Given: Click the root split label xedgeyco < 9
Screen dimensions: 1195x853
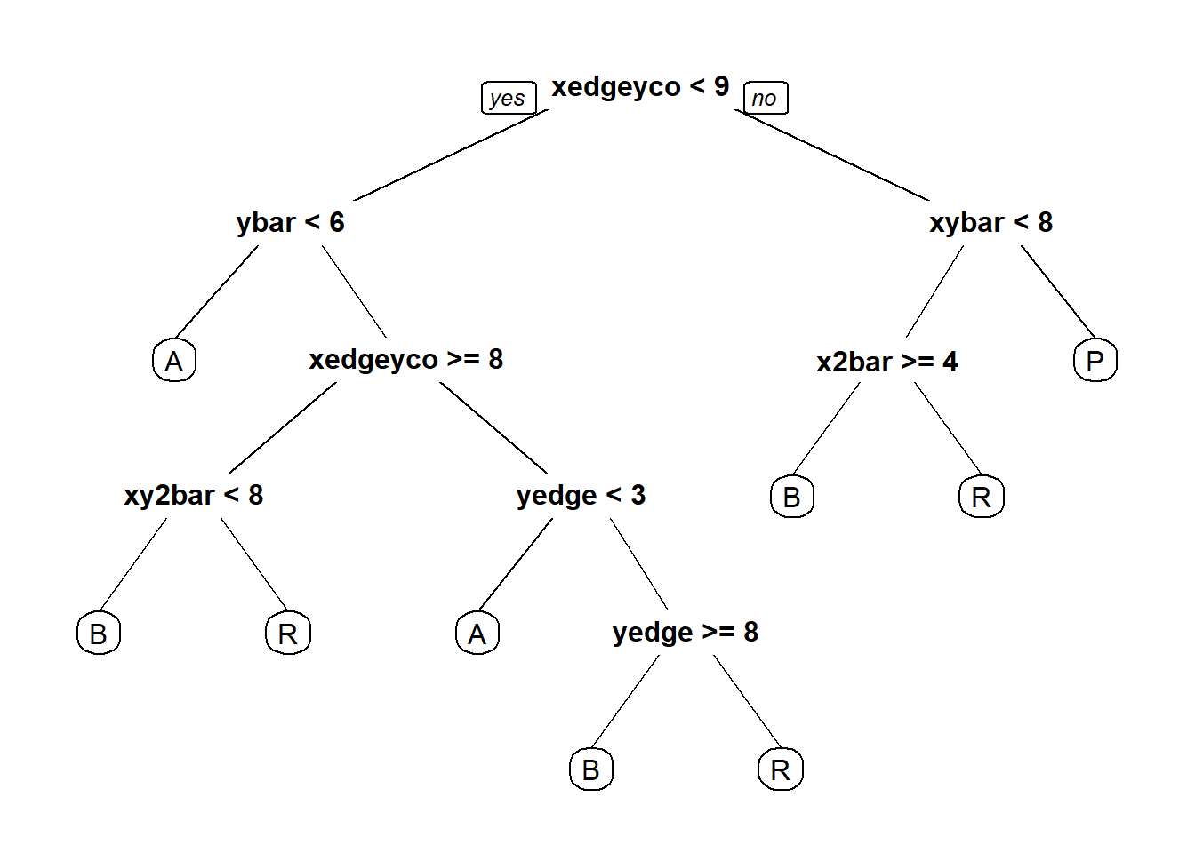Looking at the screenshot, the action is click(x=640, y=87).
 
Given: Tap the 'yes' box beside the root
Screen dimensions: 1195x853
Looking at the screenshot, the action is click(x=509, y=98).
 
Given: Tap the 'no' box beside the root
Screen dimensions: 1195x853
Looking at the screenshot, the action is click(x=766, y=98).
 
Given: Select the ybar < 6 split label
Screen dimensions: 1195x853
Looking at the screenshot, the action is click(x=290, y=222).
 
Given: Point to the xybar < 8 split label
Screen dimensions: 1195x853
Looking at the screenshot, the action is click(x=991, y=222).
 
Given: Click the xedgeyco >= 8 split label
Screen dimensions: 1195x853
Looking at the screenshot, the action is click(x=406, y=359).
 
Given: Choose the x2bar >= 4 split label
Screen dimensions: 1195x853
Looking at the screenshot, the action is click(x=887, y=362).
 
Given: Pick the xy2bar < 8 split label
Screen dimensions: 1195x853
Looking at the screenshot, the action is click(x=194, y=496).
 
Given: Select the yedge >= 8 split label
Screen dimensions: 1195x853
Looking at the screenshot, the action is click(x=686, y=633).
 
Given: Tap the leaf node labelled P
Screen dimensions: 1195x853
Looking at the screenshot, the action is click(x=1095, y=361).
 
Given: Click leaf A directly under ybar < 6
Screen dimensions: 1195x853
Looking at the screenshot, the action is click(x=174, y=361).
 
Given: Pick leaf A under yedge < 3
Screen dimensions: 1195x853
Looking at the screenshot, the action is click(x=477, y=634).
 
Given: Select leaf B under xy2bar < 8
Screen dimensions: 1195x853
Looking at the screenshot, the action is click(x=99, y=634).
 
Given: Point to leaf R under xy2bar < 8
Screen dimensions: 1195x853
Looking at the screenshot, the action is click(x=288, y=634).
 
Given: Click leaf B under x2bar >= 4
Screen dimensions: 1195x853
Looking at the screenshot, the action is click(x=792, y=497).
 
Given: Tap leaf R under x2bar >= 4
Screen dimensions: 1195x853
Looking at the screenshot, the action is click(x=982, y=497).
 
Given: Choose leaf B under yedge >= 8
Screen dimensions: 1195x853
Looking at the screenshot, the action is click(x=591, y=769).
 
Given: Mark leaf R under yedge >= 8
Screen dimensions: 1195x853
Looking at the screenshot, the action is click(x=781, y=769).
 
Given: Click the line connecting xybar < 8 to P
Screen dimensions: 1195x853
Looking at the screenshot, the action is click(x=1058, y=291).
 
